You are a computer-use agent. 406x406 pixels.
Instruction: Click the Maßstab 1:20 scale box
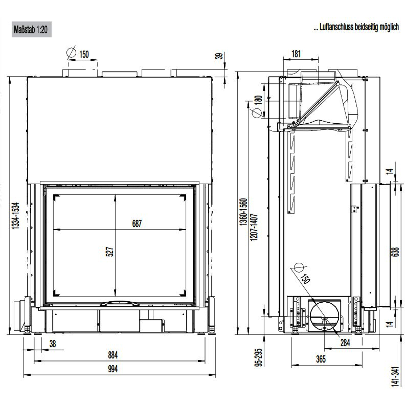click(x=32, y=29)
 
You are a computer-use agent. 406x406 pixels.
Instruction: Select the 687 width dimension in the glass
click(x=137, y=224)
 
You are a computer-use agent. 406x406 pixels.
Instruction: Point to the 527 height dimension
click(x=110, y=252)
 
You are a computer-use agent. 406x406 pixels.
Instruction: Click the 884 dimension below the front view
click(x=113, y=355)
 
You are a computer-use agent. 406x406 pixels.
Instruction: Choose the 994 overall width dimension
click(x=113, y=369)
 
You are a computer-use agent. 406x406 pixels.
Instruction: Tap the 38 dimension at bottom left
click(x=53, y=344)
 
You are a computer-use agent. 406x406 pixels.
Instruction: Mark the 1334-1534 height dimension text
click(x=15, y=216)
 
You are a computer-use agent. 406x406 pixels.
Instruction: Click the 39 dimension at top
click(x=219, y=56)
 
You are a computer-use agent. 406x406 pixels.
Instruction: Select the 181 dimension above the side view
click(x=296, y=54)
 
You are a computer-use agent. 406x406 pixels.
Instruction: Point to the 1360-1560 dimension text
click(x=243, y=212)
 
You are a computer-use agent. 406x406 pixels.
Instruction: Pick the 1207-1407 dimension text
click(x=254, y=227)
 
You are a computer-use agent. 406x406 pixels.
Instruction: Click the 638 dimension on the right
click(x=395, y=252)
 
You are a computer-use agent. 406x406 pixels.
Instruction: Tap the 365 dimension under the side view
click(x=321, y=359)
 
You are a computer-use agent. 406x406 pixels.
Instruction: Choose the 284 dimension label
click(x=345, y=343)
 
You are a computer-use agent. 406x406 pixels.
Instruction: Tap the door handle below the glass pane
click(x=120, y=303)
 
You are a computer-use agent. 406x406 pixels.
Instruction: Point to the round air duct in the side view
click(x=324, y=316)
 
